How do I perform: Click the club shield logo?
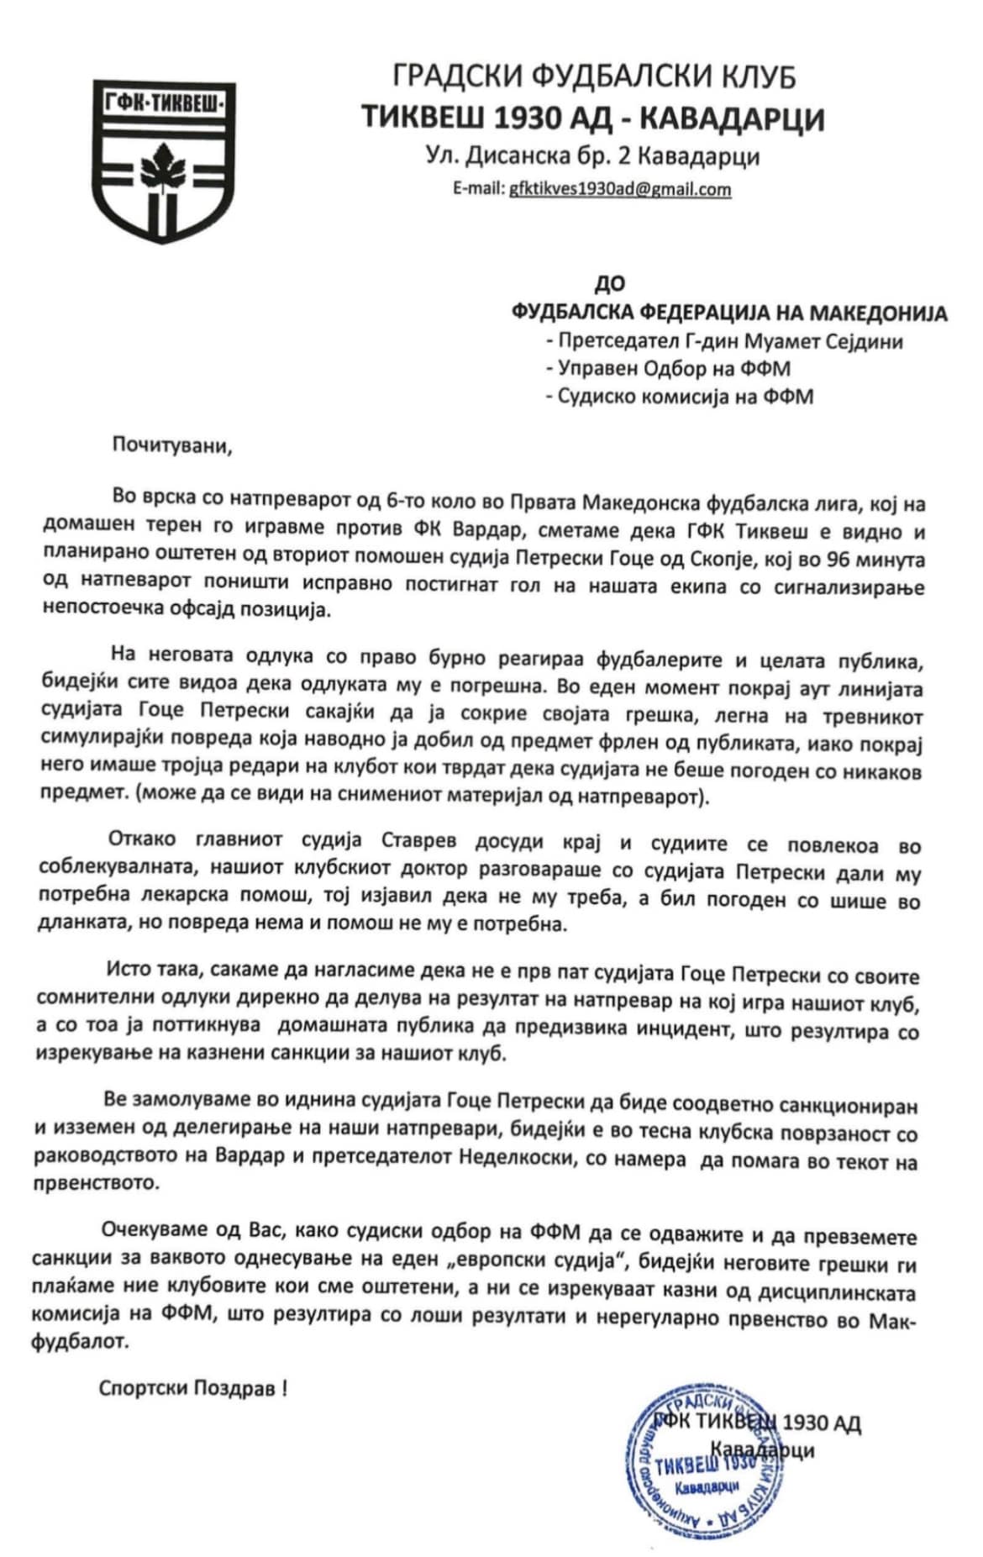pos(163,160)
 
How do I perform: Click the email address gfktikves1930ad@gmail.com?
pos(620,189)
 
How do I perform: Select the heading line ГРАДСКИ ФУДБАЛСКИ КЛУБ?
pos(594,77)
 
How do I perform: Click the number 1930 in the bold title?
pos(528,118)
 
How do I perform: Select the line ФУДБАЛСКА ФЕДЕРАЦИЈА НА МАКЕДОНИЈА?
pos(729,313)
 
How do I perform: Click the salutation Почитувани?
pos(172,445)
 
